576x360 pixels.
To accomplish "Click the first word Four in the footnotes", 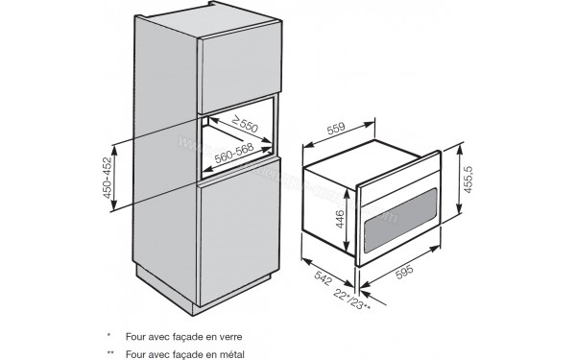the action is pyautogui.click(x=133, y=336).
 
